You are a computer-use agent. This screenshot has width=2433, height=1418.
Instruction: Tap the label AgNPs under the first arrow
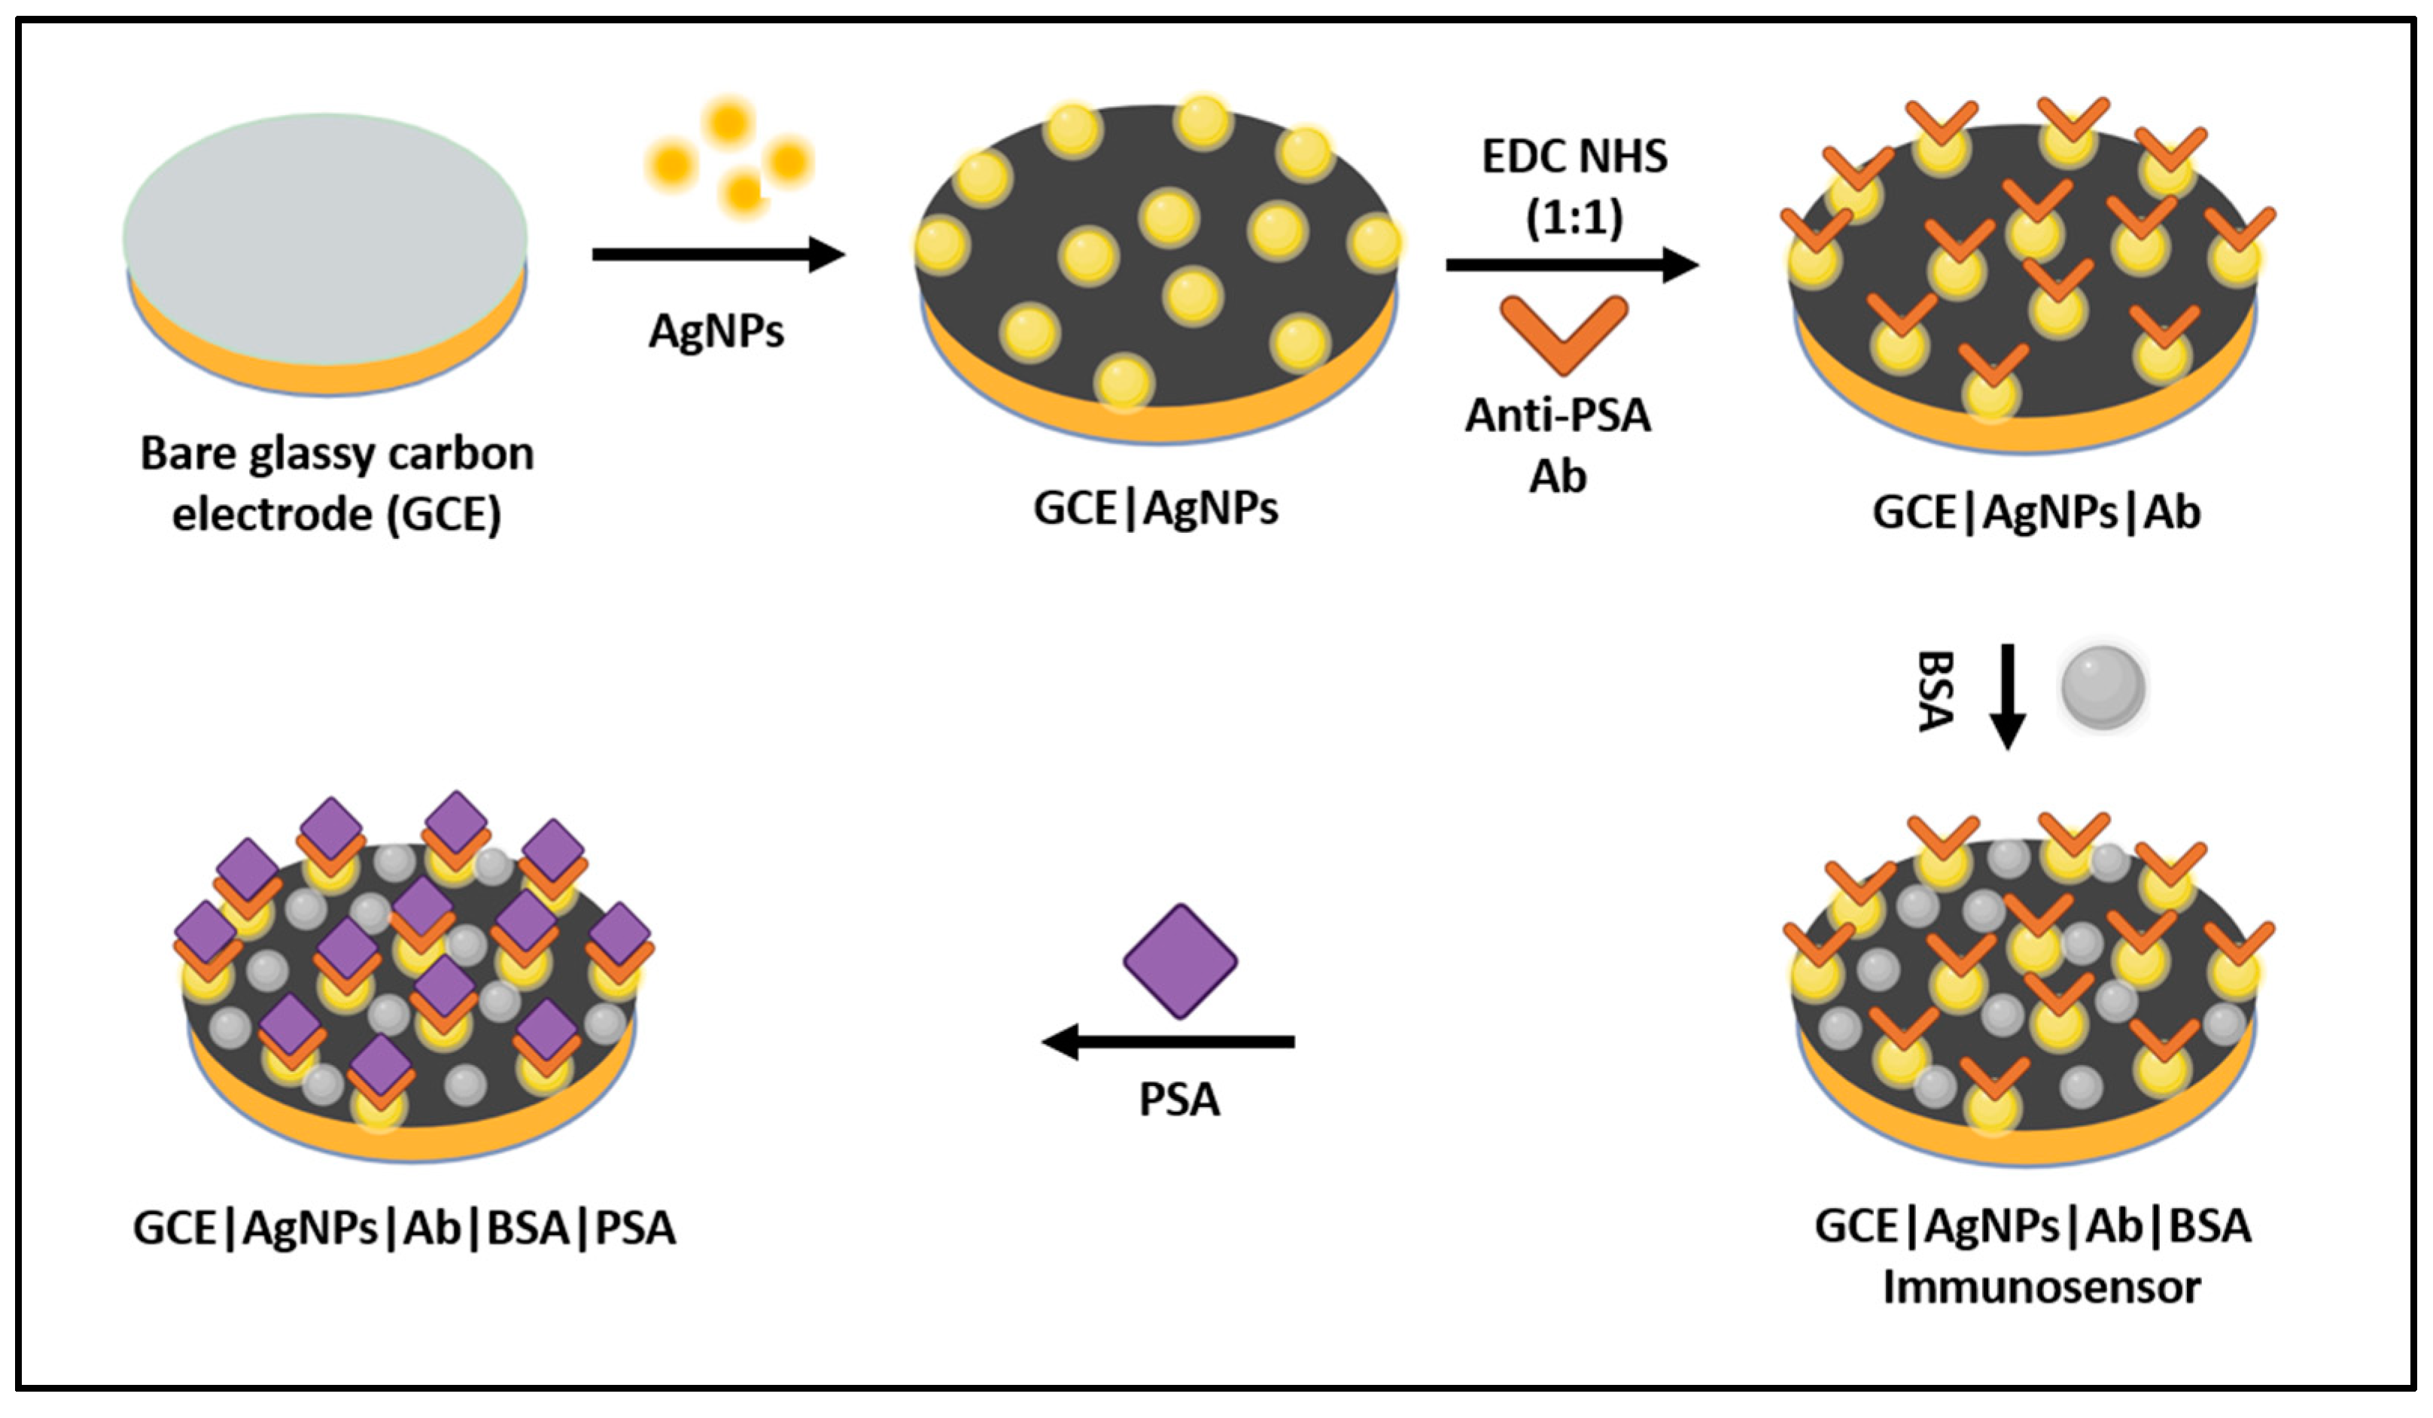click(x=716, y=331)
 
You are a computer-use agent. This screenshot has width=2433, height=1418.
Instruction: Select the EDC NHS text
click(x=1574, y=157)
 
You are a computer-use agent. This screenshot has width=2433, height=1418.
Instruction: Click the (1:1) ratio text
click(x=1574, y=218)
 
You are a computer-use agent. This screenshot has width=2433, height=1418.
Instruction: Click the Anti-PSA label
click(x=1557, y=415)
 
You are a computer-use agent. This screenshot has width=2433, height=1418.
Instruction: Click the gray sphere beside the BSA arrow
click(x=2103, y=687)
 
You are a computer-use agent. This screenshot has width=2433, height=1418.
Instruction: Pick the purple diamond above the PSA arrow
click(x=1180, y=961)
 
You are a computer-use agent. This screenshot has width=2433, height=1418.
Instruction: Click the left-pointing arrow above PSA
click(x=1168, y=1042)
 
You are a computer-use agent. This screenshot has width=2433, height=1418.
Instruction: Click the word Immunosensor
click(x=2041, y=1287)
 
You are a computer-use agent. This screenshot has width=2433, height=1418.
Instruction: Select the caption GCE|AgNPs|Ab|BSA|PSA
click(x=403, y=1228)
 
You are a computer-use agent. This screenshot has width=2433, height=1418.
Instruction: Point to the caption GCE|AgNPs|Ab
click(x=2036, y=512)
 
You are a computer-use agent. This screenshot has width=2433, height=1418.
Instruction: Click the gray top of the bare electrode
click(x=325, y=236)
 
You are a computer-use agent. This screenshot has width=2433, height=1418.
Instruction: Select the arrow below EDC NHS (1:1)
click(x=1572, y=264)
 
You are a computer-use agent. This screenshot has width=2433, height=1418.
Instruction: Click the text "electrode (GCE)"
click(x=337, y=513)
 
